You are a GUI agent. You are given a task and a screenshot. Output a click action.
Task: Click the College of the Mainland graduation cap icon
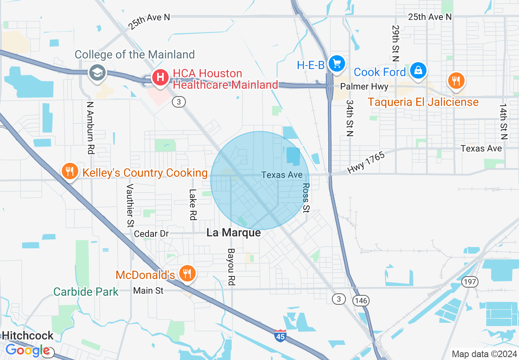click(x=97, y=73)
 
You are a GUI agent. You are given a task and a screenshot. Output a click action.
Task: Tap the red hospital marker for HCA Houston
click(x=161, y=77)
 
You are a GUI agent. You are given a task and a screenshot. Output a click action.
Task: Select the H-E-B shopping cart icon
click(x=337, y=63)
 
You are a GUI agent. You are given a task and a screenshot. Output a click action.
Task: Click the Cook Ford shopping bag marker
click(x=418, y=70)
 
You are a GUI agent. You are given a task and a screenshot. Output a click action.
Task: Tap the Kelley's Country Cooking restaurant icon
click(x=70, y=171)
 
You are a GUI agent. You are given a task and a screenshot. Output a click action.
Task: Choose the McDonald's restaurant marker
click(x=188, y=273)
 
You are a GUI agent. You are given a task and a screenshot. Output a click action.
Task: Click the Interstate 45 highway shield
click(x=280, y=336)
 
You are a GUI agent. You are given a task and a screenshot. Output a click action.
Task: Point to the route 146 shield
click(x=362, y=301)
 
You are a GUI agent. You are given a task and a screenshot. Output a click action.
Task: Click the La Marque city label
click(x=233, y=233)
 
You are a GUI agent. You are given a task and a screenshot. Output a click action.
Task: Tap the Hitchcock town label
click(x=27, y=335)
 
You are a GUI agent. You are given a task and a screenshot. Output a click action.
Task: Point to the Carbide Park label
click(x=86, y=292)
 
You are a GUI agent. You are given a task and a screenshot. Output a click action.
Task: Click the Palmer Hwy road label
click(x=364, y=87)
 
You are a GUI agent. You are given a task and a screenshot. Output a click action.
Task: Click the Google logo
click(x=27, y=351)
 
